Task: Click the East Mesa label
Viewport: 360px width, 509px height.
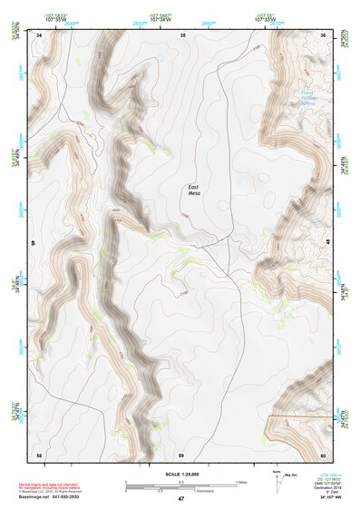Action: click(193, 189)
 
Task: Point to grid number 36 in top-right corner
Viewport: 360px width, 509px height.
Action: click(324, 34)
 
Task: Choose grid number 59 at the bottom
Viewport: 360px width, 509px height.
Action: click(181, 454)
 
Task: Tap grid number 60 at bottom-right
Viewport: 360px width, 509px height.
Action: click(323, 454)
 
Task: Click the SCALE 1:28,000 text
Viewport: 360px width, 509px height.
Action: click(181, 475)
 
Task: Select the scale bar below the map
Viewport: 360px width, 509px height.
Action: click(181, 485)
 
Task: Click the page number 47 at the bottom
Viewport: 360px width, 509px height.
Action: click(181, 498)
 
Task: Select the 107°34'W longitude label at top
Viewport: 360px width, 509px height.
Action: click(161, 18)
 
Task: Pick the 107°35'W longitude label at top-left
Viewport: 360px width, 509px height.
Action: click(55, 18)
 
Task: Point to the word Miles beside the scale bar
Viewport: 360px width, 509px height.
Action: click(242, 481)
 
